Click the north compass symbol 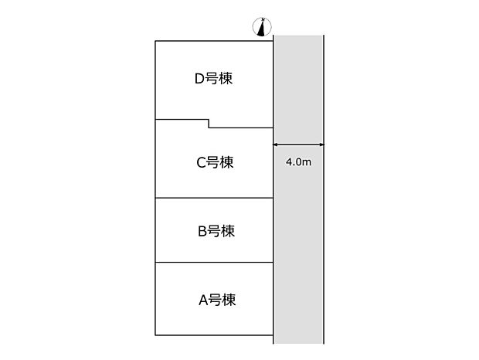[262, 27]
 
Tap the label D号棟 [213, 79]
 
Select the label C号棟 [215, 162]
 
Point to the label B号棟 [216, 231]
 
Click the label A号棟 [217, 300]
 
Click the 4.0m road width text [298, 161]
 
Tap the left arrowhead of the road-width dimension [275, 144]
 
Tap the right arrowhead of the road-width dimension [321, 144]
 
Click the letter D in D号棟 [199, 79]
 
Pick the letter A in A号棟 [203, 301]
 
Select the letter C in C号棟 [201, 163]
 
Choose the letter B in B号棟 [202, 232]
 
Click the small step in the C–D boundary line [209, 124]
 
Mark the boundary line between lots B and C [214, 198]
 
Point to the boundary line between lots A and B [214, 263]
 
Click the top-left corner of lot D [155, 41]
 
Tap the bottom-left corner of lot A [155, 335]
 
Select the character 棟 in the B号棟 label [228, 231]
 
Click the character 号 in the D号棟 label [212, 79]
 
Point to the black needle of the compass [261, 29]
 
